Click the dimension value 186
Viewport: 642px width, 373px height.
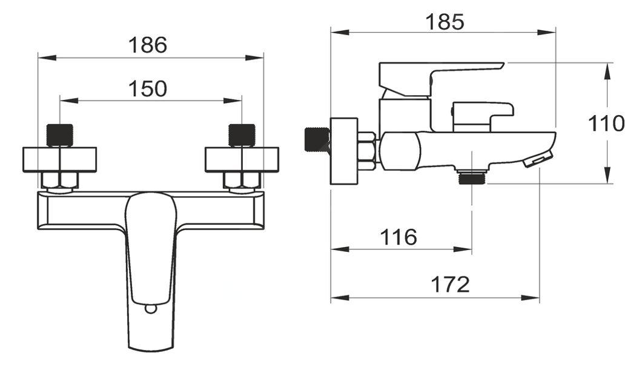(x=148, y=45)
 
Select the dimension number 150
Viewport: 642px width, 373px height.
(x=148, y=89)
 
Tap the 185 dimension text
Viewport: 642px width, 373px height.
(x=445, y=22)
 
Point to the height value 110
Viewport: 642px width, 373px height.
(x=606, y=124)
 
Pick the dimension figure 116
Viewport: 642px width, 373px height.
(x=399, y=237)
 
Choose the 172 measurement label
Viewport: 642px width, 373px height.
(x=450, y=284)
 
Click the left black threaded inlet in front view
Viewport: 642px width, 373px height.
(x=60, y=135)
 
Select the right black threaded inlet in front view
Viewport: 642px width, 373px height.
(x=242, y=135)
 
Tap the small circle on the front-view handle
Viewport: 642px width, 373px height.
(x=151, y=309)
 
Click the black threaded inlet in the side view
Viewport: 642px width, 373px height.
(x=317, y=140)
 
